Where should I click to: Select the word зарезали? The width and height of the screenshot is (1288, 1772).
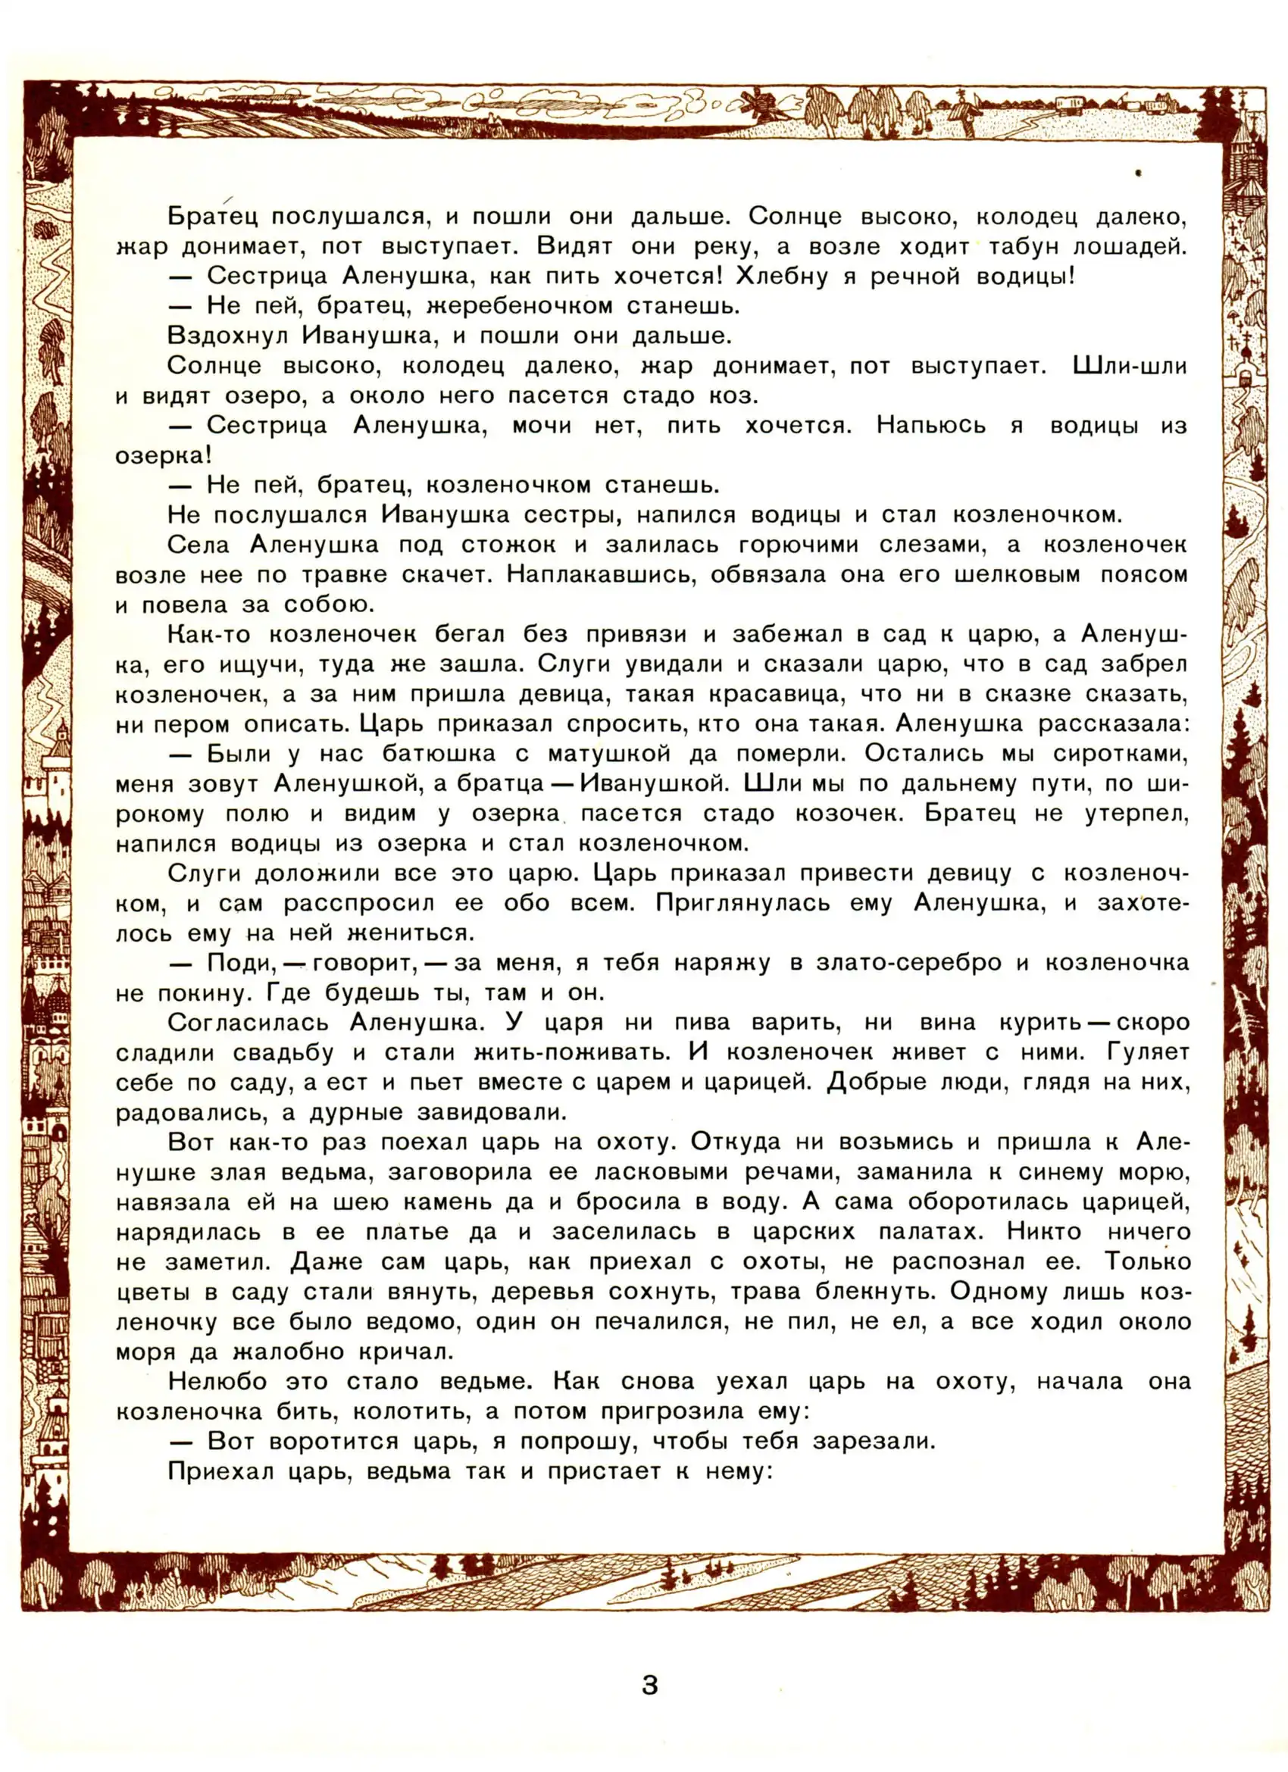point(873,1442)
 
